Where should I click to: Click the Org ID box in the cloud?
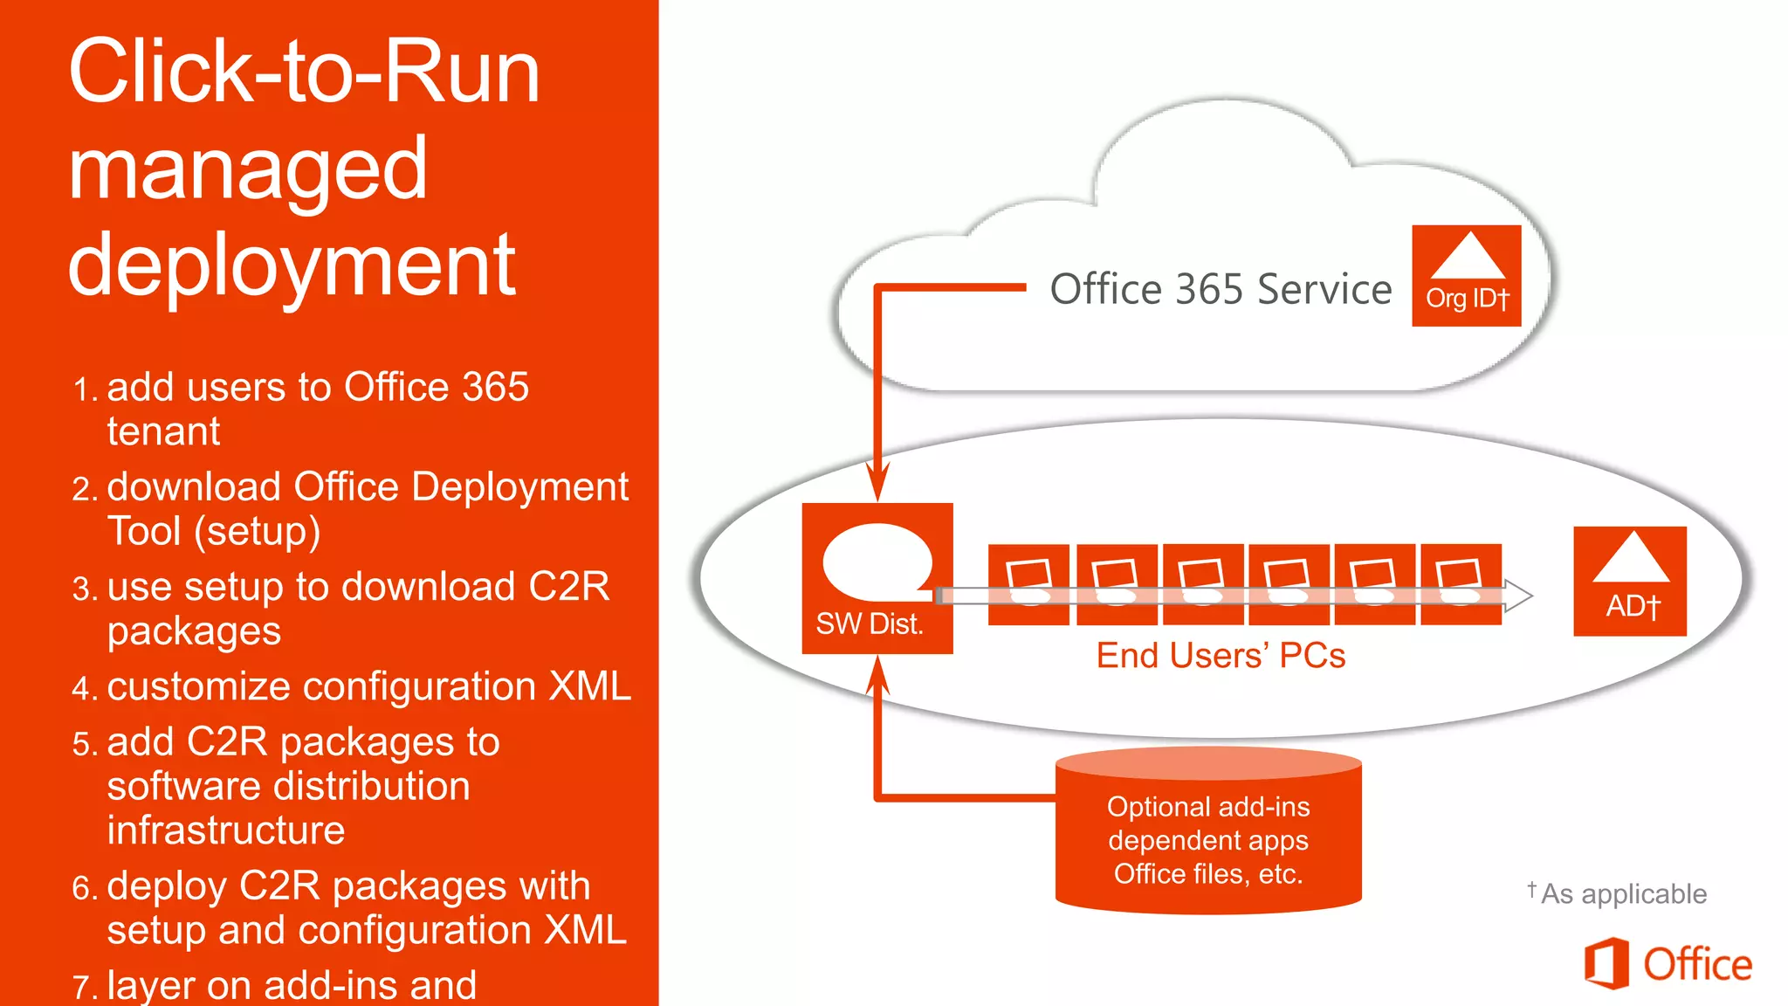[x=1466, y=276]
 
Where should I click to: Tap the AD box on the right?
[x=1629, y=581]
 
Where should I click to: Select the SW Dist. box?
[x=877, y=578]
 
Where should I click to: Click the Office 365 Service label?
[x=1220, y=289]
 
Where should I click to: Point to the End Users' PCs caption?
[x=1220, y=656]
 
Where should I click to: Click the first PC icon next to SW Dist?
[x=1028, y=584]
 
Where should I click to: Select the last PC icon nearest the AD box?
[x=1461, y=584]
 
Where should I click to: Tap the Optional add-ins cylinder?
[x=1207, y=838]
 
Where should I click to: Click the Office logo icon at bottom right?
[x=1606, y=963]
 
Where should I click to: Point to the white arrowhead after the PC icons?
[x=1518, y=596]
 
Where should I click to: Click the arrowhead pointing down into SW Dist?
[x=877, y=481]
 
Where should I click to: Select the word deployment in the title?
[x=292, y=265]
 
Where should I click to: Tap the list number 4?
[x=84, y=689]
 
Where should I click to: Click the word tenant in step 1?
[x=163, y=431]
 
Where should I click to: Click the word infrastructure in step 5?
[x=225, y=830]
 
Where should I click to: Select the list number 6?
[x=84, y=889]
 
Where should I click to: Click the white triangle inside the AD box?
[x=1630, y=559]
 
